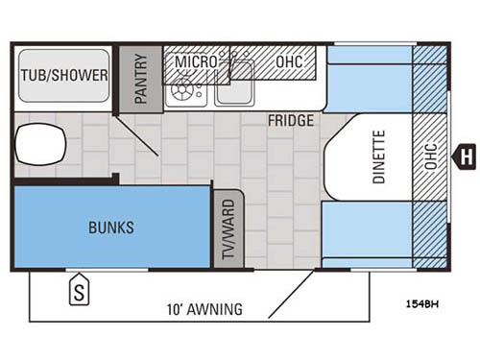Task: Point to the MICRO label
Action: coord(195,62)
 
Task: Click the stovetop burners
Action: coord(183,92)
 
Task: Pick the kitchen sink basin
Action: coord(234,88)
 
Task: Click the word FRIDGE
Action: coord(287,122)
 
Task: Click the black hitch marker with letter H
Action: coord(466,154)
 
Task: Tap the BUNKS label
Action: coord(111,228)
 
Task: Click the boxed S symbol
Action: coord(78,289)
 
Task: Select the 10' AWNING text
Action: coord(203,309)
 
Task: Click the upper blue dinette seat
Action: coord(370,80)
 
